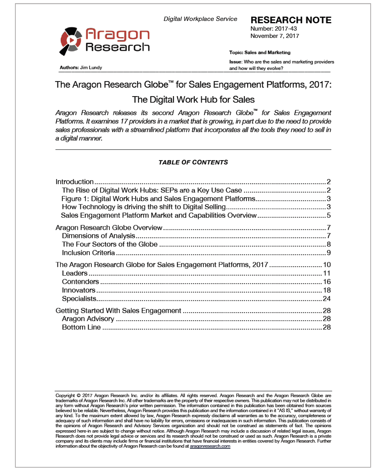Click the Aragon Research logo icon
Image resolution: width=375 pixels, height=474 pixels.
[71, 41]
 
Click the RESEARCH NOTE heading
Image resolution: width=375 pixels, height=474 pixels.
[291, 20]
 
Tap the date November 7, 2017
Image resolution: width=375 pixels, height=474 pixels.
[275, 36]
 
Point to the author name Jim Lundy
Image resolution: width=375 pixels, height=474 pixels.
[91, 67]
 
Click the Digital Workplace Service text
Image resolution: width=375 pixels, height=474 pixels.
[200, 19]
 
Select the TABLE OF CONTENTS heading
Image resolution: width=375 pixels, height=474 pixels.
[193, 162]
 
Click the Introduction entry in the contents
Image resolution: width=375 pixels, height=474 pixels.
[74, 182]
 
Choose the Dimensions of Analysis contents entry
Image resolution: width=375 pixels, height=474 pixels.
[98, 236]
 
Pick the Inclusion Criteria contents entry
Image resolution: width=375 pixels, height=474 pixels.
[88, 252]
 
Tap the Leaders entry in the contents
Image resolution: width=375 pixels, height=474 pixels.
[74, 273]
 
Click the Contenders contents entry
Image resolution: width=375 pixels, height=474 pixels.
[80, 282]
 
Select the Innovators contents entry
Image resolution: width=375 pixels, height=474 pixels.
[78, 290]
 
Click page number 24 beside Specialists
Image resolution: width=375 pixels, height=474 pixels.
[327, 299]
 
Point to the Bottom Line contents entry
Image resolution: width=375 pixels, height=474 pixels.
[81, 327]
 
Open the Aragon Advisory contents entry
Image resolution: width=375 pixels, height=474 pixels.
[88, 319]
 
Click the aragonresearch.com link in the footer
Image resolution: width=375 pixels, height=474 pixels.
[210, 447]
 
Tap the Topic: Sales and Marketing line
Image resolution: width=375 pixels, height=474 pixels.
[260, 52]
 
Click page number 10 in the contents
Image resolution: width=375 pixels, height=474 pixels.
[327, 265]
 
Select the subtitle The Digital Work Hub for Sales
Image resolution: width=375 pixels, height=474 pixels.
[193, 99]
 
